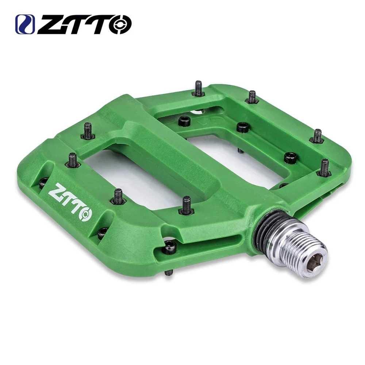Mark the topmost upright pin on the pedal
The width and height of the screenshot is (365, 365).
coord(198,88)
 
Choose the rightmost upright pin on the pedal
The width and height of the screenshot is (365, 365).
coord(324,168)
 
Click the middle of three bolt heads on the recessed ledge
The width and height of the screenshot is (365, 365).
coord(242,127)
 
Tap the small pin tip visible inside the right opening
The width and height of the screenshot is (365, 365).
coord(239,150)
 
